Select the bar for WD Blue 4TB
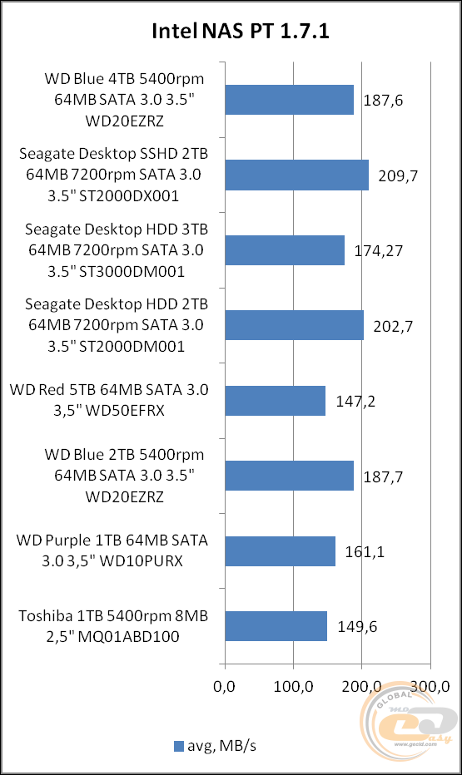tap(289, 100)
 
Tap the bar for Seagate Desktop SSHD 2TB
tap(296, 175)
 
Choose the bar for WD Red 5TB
tap(275, 400)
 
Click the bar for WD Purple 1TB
tap(280, 550)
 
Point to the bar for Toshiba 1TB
tap(276, 625)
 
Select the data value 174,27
tap(378, 250)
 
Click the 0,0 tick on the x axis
tap(225, 686)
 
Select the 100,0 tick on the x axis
tap(293, 686)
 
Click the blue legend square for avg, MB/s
tap(178, 746)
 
